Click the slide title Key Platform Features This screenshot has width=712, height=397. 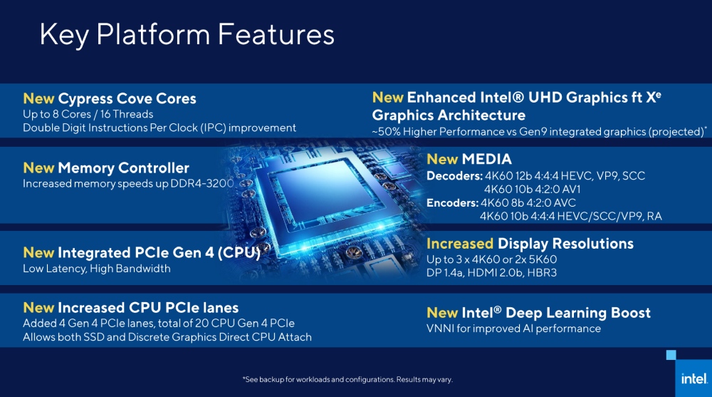tap(187, 34)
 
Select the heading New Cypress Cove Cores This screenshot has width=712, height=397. tap(110, 98)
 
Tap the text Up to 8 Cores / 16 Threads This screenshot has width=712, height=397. tap(88, 114)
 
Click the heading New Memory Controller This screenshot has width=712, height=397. tap(106, 168)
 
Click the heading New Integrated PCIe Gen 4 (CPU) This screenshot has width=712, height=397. tap(142, 252)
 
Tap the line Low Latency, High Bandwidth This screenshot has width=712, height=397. tap(97, 269)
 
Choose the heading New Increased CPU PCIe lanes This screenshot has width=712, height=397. tap(130, 308)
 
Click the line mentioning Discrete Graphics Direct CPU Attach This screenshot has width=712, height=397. tap(167, 337)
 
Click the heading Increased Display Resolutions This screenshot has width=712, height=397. tap(530, 244)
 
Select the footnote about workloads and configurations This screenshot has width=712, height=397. tap(347, 379)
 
